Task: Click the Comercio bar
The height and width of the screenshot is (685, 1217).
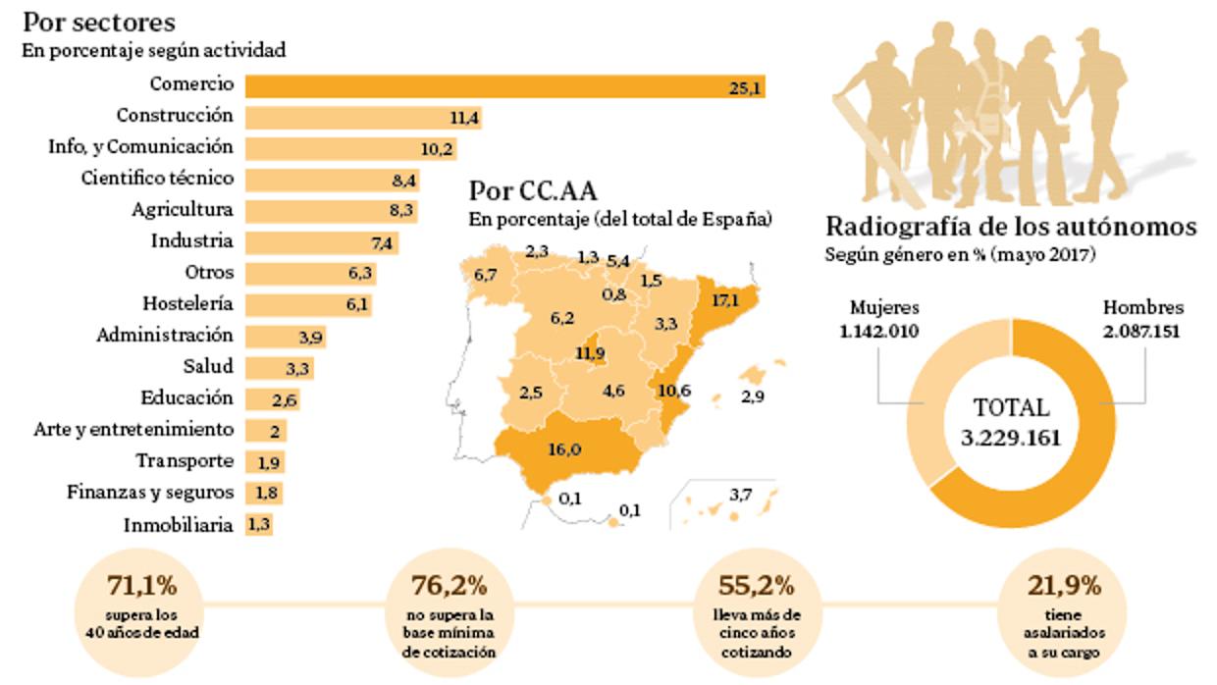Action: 505,86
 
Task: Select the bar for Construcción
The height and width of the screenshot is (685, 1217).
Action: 363,118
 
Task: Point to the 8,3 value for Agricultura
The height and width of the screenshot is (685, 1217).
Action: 401,210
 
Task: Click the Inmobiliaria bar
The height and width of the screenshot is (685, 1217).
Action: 259,524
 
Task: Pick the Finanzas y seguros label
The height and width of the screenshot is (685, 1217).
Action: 150,492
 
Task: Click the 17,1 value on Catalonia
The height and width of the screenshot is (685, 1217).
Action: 724,300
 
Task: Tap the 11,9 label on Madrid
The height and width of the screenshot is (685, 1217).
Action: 591,353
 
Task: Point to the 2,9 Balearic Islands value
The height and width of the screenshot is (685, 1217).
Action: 753,398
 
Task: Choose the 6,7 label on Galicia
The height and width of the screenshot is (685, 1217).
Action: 485,275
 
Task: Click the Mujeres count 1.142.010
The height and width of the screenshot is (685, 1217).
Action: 879,331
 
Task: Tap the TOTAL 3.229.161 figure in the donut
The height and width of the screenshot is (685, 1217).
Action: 1011,423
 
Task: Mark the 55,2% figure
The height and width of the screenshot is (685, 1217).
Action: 757,586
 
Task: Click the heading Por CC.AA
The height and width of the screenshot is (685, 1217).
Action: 532,189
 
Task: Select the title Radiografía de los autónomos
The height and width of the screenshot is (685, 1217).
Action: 1011,227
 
